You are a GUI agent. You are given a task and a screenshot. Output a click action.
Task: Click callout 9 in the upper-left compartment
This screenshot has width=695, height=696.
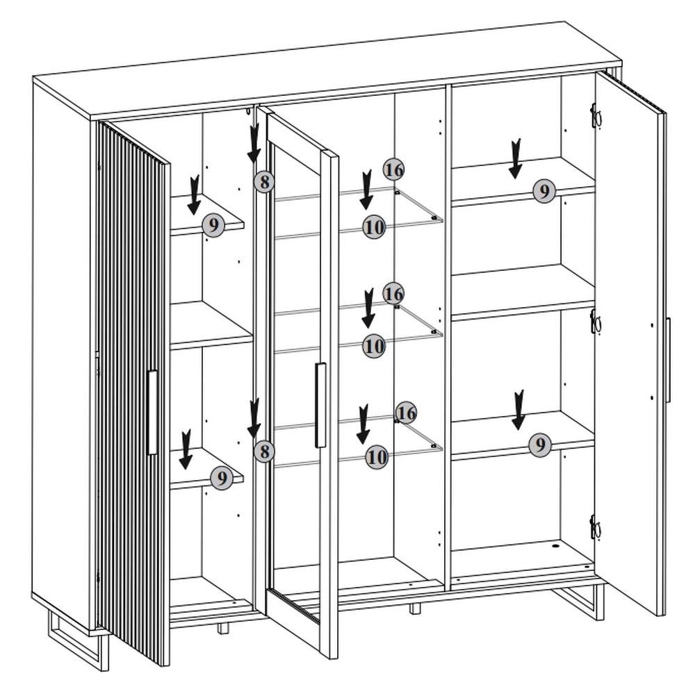coord(213,225)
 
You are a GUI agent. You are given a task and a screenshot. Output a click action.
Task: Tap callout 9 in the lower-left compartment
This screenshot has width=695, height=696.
coord(221,478)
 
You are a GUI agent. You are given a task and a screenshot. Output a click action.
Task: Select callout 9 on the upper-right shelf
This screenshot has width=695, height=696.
coord(544,190)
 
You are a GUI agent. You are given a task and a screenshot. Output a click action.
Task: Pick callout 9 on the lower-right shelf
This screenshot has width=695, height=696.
coord(539,445)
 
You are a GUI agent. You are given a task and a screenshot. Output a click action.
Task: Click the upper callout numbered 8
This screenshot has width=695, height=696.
coord(263,182)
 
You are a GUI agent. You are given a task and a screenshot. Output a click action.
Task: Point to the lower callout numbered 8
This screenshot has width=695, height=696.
coord(263,451)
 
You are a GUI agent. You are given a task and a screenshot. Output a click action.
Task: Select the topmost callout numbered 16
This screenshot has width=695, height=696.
coord(393,169)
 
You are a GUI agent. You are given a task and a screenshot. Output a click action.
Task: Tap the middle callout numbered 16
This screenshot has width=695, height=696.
coord(393,293)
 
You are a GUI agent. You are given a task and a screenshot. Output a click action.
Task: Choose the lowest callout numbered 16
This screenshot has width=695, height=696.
coord(407,413)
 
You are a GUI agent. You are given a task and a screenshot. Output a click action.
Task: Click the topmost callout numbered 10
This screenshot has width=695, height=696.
coord(374,226)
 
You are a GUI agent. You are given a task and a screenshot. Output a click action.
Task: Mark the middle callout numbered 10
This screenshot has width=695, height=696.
coord(374,345)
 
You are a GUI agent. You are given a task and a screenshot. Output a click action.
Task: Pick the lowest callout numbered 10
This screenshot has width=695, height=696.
coord(376,456)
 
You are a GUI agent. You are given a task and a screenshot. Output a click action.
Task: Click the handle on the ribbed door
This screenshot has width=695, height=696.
coord(152,413)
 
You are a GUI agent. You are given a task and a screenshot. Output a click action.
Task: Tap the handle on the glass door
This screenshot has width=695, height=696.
coord(320,404)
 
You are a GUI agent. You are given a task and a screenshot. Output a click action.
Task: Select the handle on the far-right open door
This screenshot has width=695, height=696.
coord(667,359)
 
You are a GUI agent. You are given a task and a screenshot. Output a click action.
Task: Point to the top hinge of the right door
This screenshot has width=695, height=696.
coord(595,117)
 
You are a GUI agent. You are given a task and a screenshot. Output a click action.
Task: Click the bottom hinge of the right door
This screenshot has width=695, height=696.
coord(594,528)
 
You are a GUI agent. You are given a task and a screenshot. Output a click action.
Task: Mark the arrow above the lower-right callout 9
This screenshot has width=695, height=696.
coord(518,410)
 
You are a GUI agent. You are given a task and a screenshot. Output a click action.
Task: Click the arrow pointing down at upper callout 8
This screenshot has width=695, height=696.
coord(254,142)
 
